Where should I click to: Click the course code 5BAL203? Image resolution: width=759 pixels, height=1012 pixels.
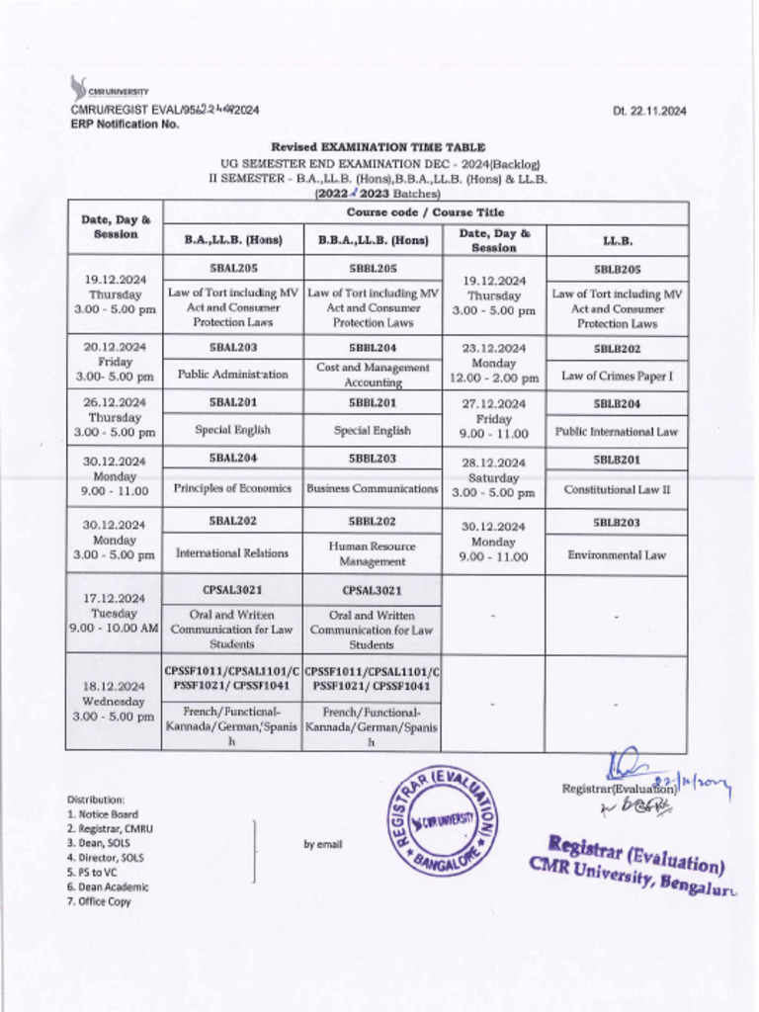click(233, 348)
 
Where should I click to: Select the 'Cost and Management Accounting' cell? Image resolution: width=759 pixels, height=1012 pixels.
click(373, 374)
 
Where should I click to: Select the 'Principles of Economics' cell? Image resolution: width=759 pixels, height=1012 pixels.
click(233, 488)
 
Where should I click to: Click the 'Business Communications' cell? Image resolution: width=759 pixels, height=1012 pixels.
click(373, 488)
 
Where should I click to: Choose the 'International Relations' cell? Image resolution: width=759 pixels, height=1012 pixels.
click(233, 553)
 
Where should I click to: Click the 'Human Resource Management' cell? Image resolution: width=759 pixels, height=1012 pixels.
click(373, 553)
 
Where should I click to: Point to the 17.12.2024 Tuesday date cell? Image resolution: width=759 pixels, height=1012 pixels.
click(114, 613)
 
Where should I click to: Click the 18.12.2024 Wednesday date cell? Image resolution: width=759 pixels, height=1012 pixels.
click(114, 701)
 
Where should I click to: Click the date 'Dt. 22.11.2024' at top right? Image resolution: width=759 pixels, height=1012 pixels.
click(649, 111)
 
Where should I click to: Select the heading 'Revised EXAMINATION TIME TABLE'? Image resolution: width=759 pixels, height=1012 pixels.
click(379, 146)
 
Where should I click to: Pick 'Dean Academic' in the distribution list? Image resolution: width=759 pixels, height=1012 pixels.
click(108, 886)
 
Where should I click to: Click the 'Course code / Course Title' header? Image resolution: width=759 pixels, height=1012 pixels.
click(425, 212)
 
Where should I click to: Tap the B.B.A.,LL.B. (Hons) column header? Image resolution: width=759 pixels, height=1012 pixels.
click(373, 240)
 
